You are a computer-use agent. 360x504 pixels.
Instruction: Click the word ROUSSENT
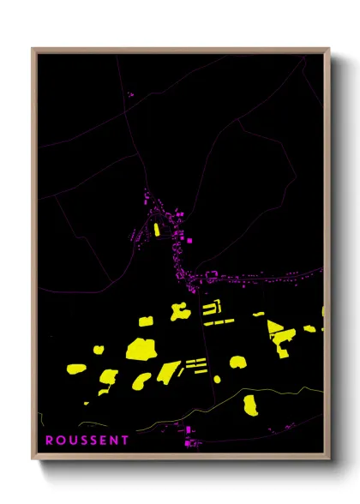[x=87, y=441]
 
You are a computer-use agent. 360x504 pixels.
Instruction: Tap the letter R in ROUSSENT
[x=50, y=441]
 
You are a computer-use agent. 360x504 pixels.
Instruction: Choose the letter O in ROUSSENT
[x=60, y=441]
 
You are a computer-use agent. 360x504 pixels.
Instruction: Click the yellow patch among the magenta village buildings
[x=157, y=228]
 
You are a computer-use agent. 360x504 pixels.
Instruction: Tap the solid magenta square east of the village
[x=189, y=241]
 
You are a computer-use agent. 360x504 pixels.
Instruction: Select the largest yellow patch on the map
[x=140, y=348]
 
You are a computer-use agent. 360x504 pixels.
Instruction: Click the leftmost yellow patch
[x=76, y=369]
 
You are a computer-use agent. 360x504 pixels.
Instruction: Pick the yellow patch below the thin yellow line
[x=250, y=405]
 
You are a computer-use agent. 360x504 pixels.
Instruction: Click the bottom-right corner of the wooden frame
[x=329, y=459]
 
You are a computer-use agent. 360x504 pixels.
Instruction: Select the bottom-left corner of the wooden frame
[x=33, y=459]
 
